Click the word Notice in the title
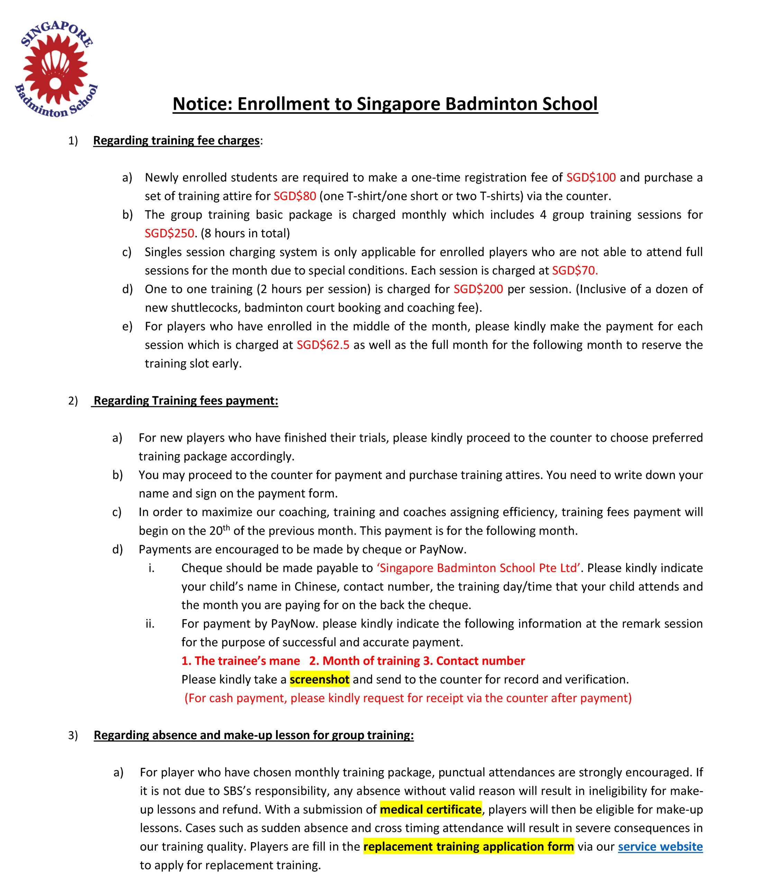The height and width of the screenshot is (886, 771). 201,104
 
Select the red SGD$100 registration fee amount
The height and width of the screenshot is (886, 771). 591,177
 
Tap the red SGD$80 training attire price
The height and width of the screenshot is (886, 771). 295,196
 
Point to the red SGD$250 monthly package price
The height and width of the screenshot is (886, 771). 169,233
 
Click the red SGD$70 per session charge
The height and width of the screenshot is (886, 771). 575,270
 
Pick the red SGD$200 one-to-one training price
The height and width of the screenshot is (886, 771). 478,289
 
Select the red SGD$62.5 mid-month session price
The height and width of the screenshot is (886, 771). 323,345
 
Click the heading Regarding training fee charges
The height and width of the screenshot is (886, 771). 176,141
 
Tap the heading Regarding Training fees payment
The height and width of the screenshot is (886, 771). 186,401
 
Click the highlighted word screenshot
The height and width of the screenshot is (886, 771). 319,679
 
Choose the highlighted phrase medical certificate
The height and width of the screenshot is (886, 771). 430,810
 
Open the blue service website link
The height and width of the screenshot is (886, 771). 660,847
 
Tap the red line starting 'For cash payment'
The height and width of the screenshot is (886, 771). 408,698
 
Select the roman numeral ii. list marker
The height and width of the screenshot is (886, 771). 150,624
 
